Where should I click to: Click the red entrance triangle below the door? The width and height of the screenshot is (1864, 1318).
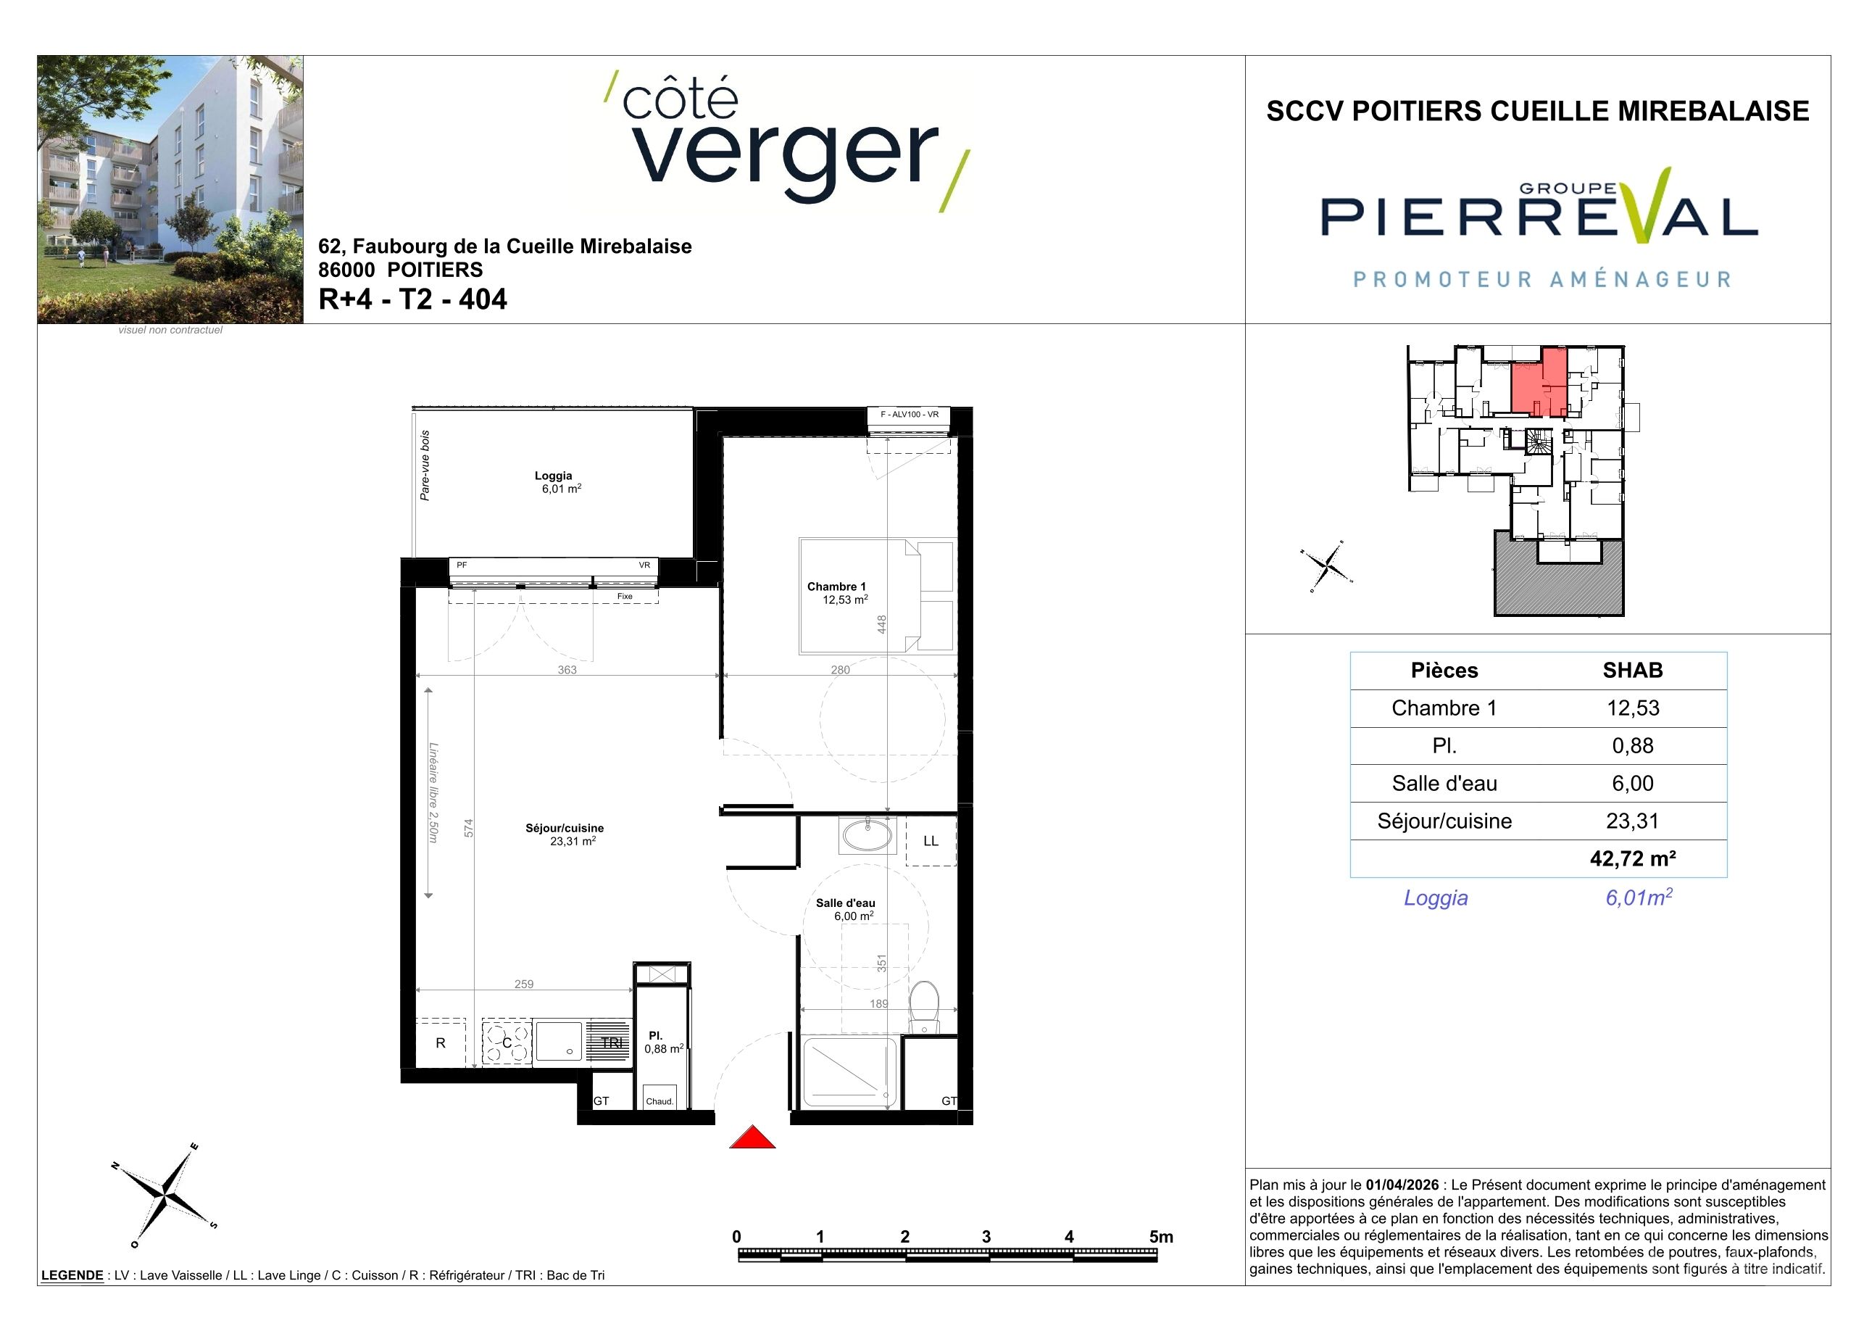pos(752,1137)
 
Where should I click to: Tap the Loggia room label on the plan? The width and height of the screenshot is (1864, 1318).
pos(553,476)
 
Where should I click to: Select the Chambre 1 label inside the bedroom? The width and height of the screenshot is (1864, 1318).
pos(836,587)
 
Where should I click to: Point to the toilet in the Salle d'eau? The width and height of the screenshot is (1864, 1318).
pos(924,1007)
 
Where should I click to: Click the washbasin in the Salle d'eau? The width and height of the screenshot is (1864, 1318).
pos(867,835)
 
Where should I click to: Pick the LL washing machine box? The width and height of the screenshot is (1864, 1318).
pos(931,841)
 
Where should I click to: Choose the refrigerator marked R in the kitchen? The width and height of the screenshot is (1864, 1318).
pos(441,1043)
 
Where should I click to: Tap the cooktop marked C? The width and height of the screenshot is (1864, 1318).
pos(507,1043)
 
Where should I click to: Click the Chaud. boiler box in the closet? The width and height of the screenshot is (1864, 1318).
pos(660,1097)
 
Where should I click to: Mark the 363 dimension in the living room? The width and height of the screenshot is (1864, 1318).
pos(567,670)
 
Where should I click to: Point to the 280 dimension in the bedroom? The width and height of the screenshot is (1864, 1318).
pos(840,670)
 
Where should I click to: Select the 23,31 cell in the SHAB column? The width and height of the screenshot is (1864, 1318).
pos(1633,821)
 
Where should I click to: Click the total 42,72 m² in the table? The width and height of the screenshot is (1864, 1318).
pos(1633,858)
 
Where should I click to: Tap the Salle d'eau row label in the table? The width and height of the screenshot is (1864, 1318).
pos(1444,783)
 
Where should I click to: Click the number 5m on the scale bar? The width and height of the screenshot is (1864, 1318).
pos(1161,1237)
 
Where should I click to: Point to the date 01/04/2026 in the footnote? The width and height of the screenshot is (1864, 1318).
pos(1402,1185)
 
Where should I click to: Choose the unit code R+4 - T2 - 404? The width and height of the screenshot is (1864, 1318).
pos(412,299)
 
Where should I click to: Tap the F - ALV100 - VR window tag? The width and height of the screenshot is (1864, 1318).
pos(910,415)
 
